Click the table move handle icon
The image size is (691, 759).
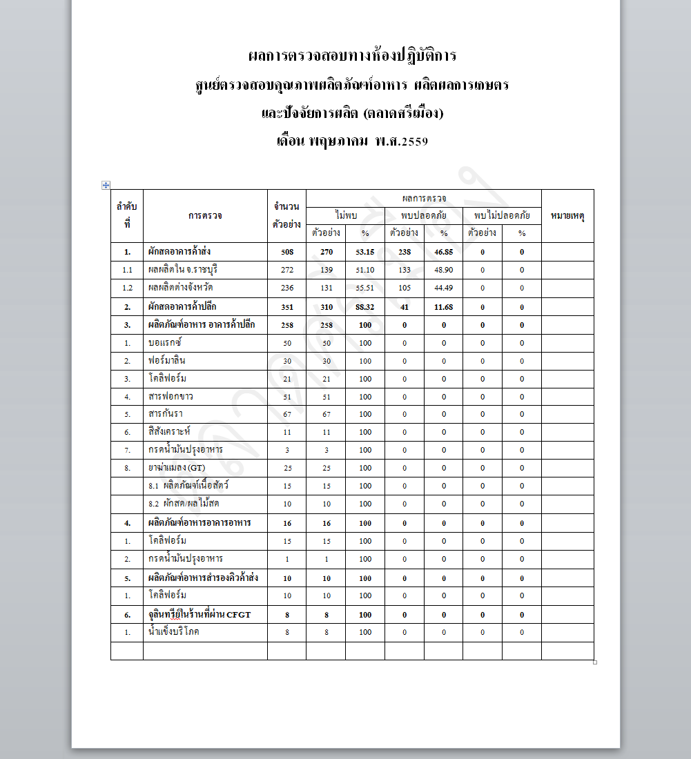point(106,185)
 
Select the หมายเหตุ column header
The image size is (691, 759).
point(567,216)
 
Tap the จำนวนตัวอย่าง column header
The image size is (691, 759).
point(286,216)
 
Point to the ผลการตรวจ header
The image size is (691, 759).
point(423,198)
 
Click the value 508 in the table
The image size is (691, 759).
point(287,252)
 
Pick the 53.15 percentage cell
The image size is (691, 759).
point(365,252)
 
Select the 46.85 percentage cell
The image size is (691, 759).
point(443,252)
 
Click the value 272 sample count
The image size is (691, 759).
point(287,270)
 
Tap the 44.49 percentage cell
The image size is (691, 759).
point(443,288)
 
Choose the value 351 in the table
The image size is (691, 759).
point(287,307)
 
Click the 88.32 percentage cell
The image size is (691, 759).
point(365,307)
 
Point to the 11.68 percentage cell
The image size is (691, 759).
point(443,307)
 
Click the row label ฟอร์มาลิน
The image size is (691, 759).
point(167,361)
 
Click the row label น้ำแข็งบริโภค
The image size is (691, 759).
point(173,632)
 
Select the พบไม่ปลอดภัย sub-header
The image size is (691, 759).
point(502,216)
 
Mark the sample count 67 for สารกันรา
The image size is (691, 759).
point(287,414)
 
